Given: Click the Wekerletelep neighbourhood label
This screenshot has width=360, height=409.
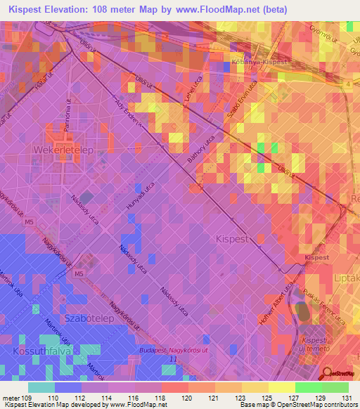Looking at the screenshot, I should click(x=58, y=150).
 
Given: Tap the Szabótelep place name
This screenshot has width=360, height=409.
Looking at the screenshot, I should click(x=89, y=319).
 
